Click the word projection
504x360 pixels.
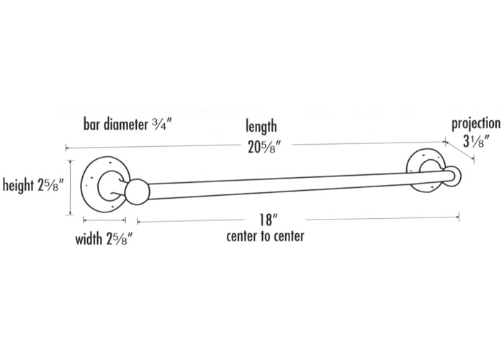tap(476, 122)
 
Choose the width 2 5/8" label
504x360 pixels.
tap(105, 238)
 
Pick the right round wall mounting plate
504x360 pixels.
tap(425, 169)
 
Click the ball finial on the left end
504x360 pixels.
tap(136, 193)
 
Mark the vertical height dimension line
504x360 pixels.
tap(69, 187)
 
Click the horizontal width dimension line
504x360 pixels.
tap(105, 220)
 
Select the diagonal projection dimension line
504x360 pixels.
tap(459, 153)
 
